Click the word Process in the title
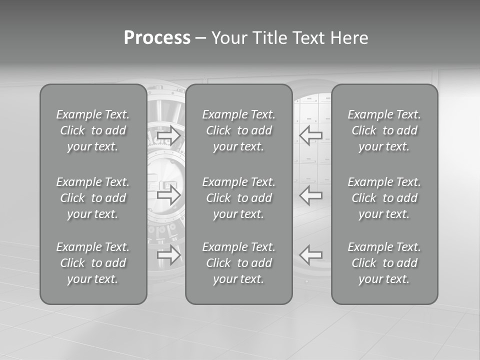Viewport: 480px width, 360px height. (157, 38)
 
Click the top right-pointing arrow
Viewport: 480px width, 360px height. (168, 135)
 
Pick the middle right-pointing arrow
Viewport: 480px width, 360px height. (168, 194)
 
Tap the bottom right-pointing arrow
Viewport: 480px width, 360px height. (168, 255)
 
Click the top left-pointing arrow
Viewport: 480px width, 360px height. (311, 135)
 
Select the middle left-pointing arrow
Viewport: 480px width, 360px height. (311, 194)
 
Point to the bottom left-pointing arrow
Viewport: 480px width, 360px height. (311, 255)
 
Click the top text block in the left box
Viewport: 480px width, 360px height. (93, 130)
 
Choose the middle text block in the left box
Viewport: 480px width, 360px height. (93, 198)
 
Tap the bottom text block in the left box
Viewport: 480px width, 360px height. (93, 263)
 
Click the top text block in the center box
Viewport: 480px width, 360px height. (239, 130)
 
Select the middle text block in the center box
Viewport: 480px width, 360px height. (239, 198)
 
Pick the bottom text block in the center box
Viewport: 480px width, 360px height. (239, 263)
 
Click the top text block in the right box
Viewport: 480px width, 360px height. (384, 130)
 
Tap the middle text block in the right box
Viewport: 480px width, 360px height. (384, 198)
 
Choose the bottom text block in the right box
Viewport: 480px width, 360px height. (384, 263)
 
